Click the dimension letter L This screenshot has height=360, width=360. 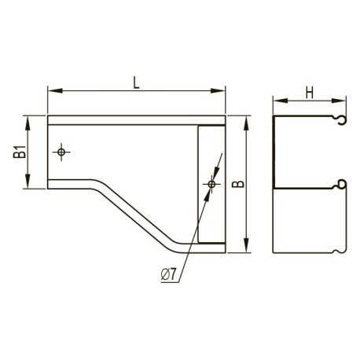(x=136, y=83)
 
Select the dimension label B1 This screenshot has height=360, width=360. (x=20, y=152)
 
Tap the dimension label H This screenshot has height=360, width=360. (x=310, y=93)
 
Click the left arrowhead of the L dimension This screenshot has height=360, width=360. (x=55, y=90)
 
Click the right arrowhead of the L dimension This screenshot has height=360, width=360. (x=218, y=90)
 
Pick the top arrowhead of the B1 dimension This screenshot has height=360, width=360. (x=28, y=123)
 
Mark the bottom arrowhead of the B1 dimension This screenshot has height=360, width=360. (x=28, y=181)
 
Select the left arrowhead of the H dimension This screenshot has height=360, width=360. (x=281, y=101)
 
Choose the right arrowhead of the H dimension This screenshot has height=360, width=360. (x=339, y=101)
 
